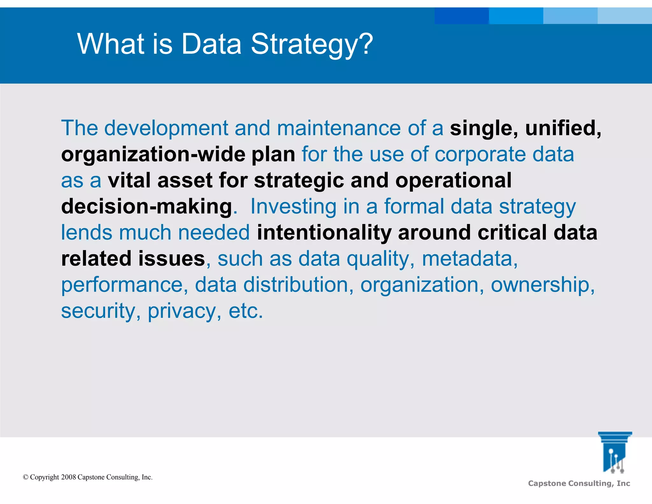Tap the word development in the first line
166,128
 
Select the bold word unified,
563,128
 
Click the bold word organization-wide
153,155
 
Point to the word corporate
480,155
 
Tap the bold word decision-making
146,207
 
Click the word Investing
293,207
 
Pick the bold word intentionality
324,233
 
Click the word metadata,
470,259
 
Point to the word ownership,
542,285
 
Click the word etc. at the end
246,311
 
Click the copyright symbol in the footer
26,477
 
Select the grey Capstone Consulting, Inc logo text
579,484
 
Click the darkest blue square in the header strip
461,16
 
